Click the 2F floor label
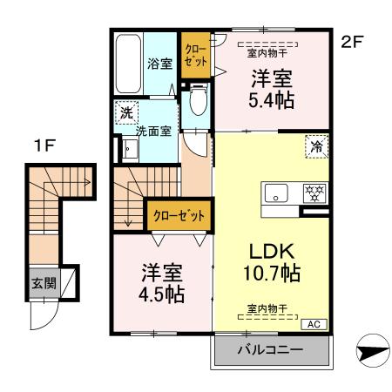[x=351, y=40]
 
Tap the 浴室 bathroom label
[x=159, y=64]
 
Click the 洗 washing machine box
[x=126, y=112]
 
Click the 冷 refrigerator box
[x=316, y=146]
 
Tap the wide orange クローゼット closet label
[x=179, y=214]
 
